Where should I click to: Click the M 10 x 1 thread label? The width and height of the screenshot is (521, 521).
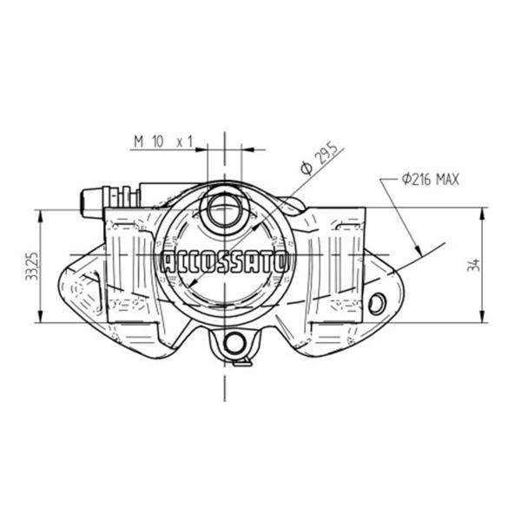point(163,142)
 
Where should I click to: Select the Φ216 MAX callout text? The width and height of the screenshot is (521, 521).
point(431,180)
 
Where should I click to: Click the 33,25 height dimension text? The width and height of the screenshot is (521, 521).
point(32,267)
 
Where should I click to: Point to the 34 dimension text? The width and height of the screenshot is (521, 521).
point(474,265)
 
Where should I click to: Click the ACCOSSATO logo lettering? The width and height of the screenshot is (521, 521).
point(225,262)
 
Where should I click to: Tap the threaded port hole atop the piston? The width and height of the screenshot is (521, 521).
point(224,210)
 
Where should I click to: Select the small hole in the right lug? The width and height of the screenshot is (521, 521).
point(377,304)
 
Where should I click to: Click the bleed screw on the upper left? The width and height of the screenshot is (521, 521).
point(110,201)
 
